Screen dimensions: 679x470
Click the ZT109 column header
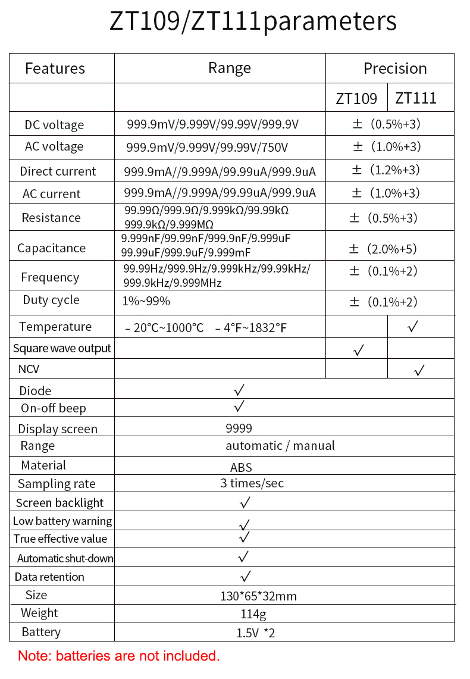356,98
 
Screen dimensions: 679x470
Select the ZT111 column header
416,98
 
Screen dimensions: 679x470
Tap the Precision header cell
395,68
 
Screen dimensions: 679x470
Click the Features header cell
55,68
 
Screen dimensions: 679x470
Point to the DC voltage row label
54,125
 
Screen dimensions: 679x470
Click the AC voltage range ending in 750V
207,147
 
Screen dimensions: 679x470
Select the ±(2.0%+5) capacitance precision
383,248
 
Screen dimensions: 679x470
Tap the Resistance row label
51,218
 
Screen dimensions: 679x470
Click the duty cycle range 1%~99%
146,301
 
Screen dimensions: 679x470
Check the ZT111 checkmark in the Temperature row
413,326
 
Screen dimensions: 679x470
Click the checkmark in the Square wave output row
358,351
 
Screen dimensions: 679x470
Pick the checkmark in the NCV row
419,370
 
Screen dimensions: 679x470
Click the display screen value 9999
239,428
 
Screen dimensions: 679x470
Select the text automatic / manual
280,446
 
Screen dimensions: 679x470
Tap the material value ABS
241,468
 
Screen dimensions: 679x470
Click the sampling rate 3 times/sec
252,483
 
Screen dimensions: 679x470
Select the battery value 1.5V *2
255,633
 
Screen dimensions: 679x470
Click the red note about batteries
119,656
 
